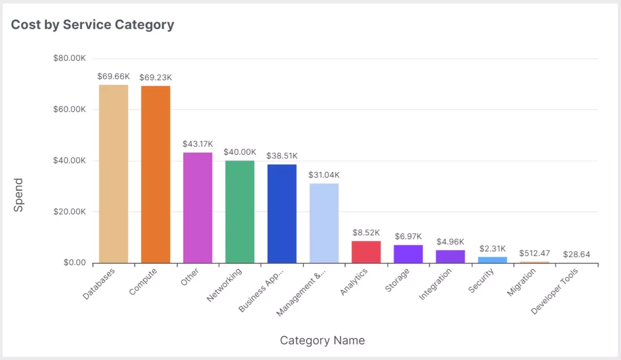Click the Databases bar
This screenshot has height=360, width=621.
[x=114, y=174]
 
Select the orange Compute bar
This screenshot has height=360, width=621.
[x=156, y=174]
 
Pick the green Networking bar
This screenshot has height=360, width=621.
[x=240, y=212]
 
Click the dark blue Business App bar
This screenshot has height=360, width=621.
[x=282, y=213]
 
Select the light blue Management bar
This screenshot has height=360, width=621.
[x=324, y=223]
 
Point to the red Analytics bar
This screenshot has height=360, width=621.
[x=366, y=252]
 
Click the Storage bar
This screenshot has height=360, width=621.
[x=408, y=254]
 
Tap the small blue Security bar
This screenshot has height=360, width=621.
[x=493, y=260]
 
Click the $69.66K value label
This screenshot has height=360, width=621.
[x=114, y=76]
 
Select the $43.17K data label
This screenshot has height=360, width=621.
[x=198, y=144]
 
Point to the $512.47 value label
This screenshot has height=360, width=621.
[x=535, y=253]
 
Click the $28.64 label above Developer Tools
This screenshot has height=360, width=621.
[x=577, y=254]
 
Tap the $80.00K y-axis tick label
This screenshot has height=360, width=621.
[x=70, y=58]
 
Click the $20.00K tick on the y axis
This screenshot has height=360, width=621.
[x=70, y=212]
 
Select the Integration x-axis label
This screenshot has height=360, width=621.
[x=436, y=284]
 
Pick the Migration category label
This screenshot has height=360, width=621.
[x=522, y=282]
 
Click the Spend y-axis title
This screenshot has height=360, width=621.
[x=18, y=195]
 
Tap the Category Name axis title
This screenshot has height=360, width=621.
[x=322, y=340]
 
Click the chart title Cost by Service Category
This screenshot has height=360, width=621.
[x=93, y=25]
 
